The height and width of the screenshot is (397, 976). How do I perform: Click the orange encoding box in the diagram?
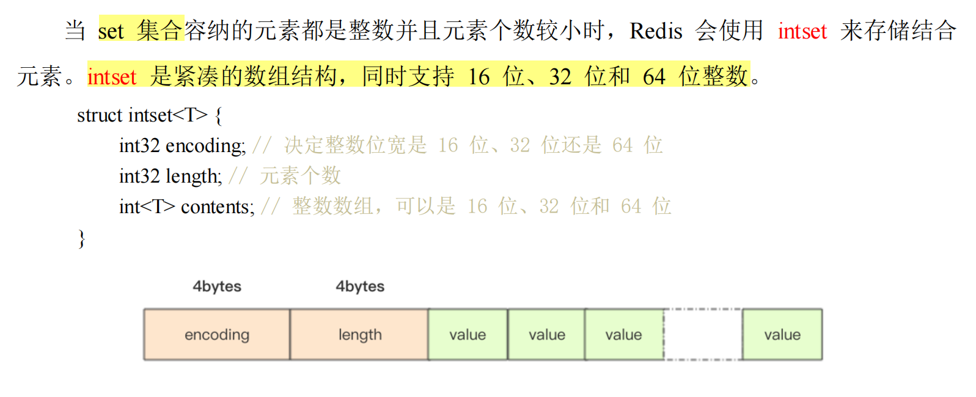coord(217,335)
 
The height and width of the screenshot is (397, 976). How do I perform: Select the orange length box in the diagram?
coord(359,335)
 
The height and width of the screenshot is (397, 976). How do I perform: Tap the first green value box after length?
coord(468,335)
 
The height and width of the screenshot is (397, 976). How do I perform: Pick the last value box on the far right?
coord(782,335)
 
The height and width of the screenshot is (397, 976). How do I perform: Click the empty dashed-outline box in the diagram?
coord(703,335)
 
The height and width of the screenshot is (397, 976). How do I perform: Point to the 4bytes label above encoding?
coord(217,286)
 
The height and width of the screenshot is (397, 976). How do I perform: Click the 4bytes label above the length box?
coord(360,286)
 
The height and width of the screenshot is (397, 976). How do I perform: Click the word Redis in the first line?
coord(656,31)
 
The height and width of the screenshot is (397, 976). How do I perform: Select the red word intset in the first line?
coord(802,31)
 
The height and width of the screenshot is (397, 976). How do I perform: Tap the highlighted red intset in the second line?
coord(112,77)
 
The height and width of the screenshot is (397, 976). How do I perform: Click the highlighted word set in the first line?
coord(111,31)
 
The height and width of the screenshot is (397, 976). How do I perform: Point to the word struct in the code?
coord(100,115)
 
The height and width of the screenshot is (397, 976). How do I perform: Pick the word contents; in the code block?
coord(218,206)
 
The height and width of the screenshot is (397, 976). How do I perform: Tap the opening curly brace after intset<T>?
coord(218,115)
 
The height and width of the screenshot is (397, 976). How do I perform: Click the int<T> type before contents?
coord(147,206)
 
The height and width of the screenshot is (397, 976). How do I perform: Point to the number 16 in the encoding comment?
coord(448,145)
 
